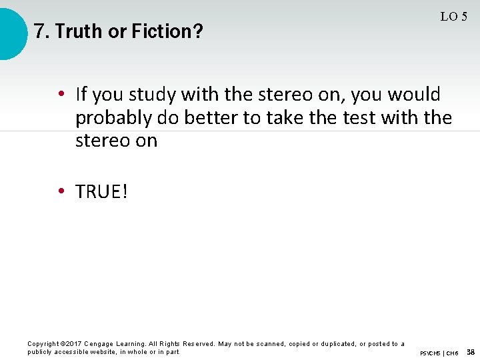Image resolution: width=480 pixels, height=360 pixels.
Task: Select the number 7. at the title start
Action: click(x=42, y=31)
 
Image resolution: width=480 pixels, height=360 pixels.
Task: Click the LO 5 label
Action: click(x=453, y=17)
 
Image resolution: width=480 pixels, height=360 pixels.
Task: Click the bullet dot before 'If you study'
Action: click(x=60, y=94)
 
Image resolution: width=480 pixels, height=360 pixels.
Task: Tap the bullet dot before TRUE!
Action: click(x=60, y=192)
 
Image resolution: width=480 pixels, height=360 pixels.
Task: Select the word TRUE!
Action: click(x=101, y=192)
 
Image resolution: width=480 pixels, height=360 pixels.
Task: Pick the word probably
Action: click(x=114, y=118)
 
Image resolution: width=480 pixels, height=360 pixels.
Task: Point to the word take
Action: click(x=287, y=118)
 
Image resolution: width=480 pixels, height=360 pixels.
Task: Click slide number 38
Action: click(x=470, y=352)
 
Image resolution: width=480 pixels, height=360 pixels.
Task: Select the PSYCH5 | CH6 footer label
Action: click(x=439, y=353)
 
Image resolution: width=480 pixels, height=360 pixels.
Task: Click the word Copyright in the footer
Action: click(x=43, y=344)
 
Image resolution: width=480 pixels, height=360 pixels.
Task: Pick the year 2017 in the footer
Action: click(x=76, y=344)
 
